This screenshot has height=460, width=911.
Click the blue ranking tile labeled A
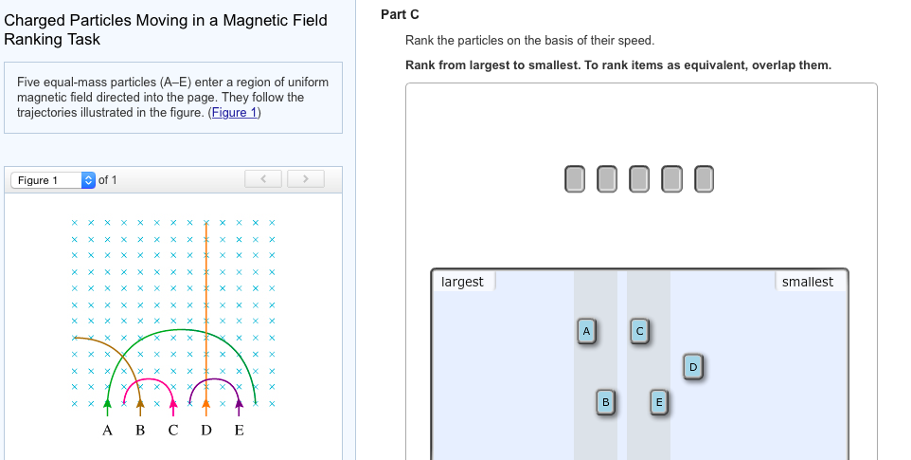[x=586, y=331]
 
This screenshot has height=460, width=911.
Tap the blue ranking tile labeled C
[x=639, y=331]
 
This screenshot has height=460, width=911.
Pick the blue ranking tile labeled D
[x=692, y=366]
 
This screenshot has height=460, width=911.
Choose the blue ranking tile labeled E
[x=659, y=401]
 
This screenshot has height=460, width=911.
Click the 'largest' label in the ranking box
[x=462, y=282]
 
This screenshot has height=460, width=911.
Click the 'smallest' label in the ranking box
[x=808, y=282]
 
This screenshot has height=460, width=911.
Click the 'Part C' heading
[x=399, y=14]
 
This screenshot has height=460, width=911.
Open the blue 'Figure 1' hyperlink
[x=234, y=113]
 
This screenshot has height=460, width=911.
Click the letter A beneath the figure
[x=107, y=432]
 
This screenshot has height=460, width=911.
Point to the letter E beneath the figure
[x=239, y=432]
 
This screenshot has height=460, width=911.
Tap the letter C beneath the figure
[x=172, y=432]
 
